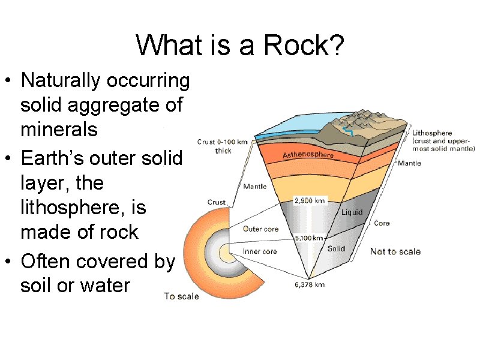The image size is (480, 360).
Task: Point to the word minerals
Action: [x=59, y=129]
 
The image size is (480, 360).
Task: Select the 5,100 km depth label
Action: [x=310, y=238]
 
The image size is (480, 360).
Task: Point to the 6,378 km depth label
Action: [x=310, y=284]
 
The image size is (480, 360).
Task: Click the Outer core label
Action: [x=260, y=229]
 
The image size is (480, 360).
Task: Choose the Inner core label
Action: [x=260, y=251]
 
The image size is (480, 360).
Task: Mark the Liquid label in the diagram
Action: [x=352, y=212]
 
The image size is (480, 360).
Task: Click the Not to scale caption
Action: [x=395, y=251]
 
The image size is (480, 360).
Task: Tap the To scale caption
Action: [x=182, y=296]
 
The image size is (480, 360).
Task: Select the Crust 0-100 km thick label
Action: [x=223, y=146]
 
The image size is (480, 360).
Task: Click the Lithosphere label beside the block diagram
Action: [x=432, y=133]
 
